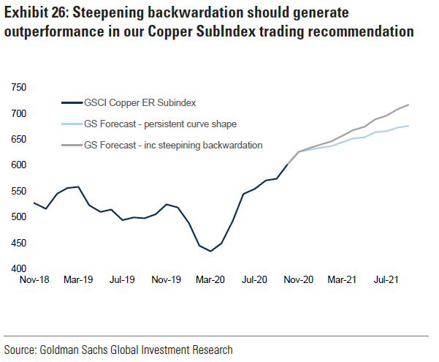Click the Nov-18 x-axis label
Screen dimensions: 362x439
[34, 279]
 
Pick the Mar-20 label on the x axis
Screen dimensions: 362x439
[210, 279]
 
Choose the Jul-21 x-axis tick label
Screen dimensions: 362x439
[385, 279]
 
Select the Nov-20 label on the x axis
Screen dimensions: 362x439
[298, 279]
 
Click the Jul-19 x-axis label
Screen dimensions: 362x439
[121, 279]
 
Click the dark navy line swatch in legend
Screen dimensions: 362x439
[72, 104]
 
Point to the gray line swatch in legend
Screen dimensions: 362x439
[72, 146]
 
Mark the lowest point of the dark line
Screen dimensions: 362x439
[210, 251]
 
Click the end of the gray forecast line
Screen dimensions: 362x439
[408, 105]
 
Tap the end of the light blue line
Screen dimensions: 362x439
[408, 126]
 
